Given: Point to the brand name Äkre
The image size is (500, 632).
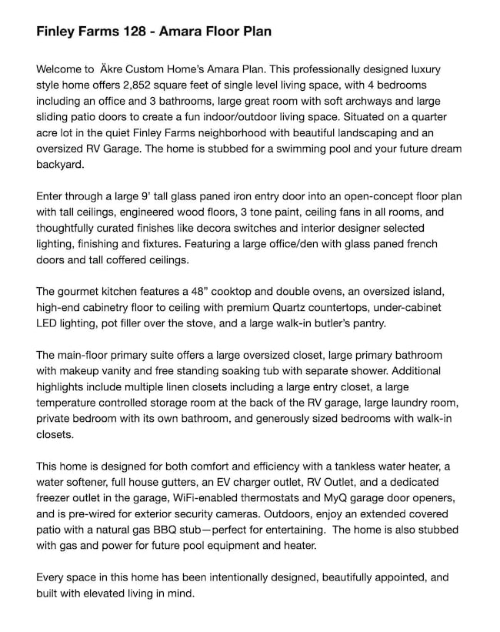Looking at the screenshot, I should (x=112, y=69).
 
